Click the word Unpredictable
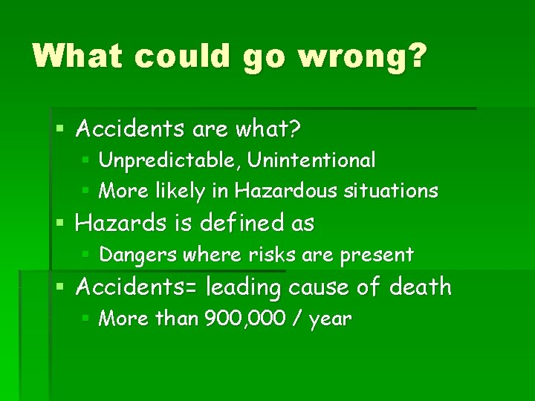[x=170, y=160]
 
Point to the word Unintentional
[x=312, y=160]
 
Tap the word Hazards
[x=119, y=223]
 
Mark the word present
[x=377, y=255]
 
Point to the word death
[x=418, y=286]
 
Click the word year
[x=330, y=320]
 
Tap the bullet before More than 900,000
[x=86, y=319]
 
